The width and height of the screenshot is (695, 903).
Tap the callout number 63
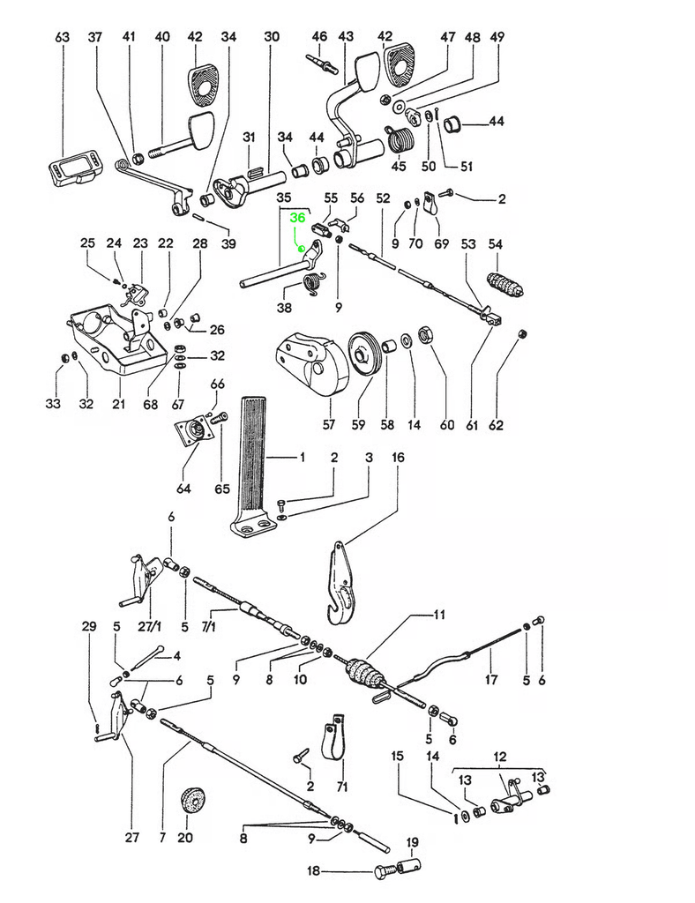pyautogui.click(x=62, y=37)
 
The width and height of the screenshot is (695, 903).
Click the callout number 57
pyautogui.click(x=328, y=425)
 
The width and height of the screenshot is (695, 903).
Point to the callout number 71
pyautogui.click(x=341, y=787)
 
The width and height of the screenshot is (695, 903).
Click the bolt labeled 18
pyautogui.click(x=385, y=872)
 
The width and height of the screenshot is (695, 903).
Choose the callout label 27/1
pyautogui.click(x=151, y=626)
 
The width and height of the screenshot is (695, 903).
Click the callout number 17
pyautogui.click(x=491, y=680)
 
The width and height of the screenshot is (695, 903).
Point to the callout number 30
pyautogui.click(x=272, y=37)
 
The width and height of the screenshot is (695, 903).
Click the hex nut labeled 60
pyautogui.click(x=423, y=335)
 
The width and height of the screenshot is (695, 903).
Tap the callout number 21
pyautogui.click(x=118, y=404)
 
